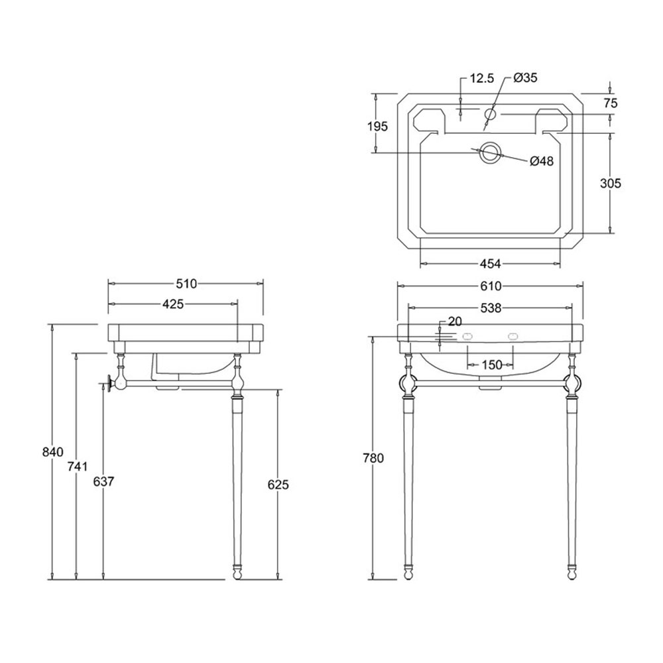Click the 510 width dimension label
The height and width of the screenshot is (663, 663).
coord(186,284)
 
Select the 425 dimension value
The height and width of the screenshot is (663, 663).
coord(173,304)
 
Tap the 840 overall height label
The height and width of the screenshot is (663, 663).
coord(53,452)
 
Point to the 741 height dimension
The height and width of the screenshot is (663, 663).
coord(78,466)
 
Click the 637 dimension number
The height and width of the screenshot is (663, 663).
coord(103,481)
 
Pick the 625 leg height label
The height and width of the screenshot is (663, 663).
coord(278,485)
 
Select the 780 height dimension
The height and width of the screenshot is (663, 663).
coord(373,458)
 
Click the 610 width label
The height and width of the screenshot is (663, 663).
coord(491,286)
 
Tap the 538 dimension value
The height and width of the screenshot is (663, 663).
coord(491,308)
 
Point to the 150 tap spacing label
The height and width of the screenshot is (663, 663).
coord(491,365)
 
